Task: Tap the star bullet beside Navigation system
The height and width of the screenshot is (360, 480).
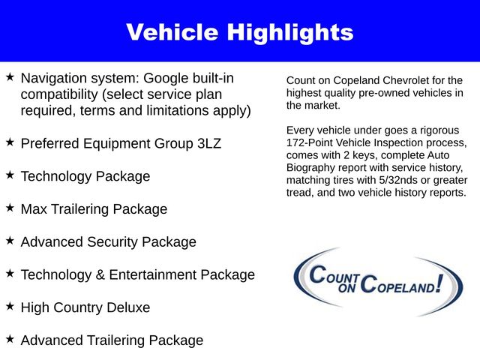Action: [10, 77]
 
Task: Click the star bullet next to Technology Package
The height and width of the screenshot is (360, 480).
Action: [10, 175]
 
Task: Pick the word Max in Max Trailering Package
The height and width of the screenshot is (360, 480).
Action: [34, 209]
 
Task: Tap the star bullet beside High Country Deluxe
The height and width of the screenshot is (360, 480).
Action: [10, 306]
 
